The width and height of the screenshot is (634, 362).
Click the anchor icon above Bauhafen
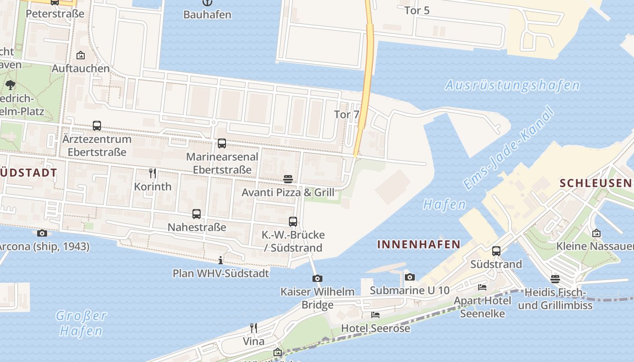(x=207, y=2)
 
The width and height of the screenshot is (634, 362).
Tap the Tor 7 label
(x=346, y=114)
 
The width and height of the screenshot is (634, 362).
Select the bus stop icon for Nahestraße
(x=197, y=214)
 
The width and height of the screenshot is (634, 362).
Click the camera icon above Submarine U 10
(x=410, y=277)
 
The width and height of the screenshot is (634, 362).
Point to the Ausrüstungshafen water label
(x=512, y=85)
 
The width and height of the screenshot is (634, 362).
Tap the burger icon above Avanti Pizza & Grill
(x=288, y=179)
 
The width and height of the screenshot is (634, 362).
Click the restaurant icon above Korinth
(x=153, y=173)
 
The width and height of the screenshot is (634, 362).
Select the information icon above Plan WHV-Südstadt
(x=221, y=260)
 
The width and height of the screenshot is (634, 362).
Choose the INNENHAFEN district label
(x=419, y=245)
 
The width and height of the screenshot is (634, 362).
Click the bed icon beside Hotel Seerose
(x=375, y=315)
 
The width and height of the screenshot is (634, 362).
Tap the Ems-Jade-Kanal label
(x=509, y=148)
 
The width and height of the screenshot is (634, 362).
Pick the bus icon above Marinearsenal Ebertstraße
(x=222, y=143)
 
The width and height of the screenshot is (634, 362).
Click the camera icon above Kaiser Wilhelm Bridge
(x=317, y=278)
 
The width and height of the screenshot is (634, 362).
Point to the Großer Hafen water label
(x=82, y=323)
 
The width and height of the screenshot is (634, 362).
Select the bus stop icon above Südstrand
(x=496, y=251)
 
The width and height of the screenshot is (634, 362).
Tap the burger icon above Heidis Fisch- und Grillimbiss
(x=555, y=279)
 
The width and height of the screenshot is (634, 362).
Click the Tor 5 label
(x=417, y=10)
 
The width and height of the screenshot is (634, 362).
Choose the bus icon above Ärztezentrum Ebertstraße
(x=97, y=126)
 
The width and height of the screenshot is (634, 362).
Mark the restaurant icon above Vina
(x=254, y=328)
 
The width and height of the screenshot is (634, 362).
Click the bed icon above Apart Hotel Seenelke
(x=482, y=287)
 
